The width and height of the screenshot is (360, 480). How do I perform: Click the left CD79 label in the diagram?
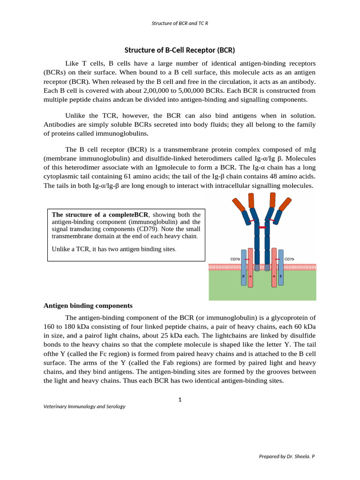click(x=235, y=258)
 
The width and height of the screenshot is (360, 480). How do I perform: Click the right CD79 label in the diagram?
click(x=289, y=258)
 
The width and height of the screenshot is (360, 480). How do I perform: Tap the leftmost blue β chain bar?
click(x=244, y=267)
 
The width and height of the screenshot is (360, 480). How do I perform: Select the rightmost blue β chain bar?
click(x=280, y=267)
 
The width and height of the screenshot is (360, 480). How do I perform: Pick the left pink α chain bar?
click(x=250, y=267)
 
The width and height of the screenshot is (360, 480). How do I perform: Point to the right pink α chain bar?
click(x=274, y=267)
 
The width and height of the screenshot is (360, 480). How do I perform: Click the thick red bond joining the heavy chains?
click(x=262, y=227)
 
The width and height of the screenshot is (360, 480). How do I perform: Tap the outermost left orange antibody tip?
click(x=238, y=204)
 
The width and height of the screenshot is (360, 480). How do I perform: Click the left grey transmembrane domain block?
click(x=257, y=267)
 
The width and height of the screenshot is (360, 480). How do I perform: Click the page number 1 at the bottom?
click(x=180, y=399)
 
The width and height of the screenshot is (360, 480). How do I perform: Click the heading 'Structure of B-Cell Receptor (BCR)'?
click(x=180, y=50)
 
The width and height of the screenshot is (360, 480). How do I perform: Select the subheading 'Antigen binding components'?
click(x=88, y=306)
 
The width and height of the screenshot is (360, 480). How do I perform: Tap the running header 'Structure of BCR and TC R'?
click(x=180, y=22)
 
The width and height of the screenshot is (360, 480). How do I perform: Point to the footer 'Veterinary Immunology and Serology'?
click(x=84, y=406)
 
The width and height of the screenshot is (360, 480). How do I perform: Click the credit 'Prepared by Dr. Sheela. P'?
click(x=287, y=456)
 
